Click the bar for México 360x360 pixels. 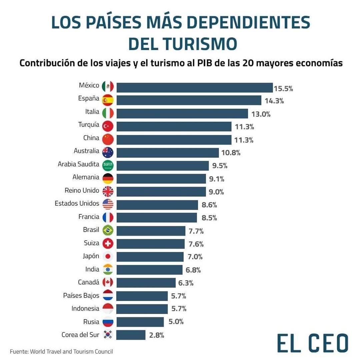pyautogui.click(x=195, y=88)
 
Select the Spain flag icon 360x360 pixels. pyautogui.click(x=108, y=100)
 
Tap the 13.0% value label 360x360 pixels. pyautogui.click(x=261, y=114)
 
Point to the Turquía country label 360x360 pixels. pyautogui.click(x=89, y=125)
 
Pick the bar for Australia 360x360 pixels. pyautogui.click(x=168, y=153)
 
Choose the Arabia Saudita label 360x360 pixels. pyautogui.click(x=78, y=164)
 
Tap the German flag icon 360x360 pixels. pyautogui.click(x=108, y=178)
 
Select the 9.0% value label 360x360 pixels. pyautogui.click(x=216, y=192)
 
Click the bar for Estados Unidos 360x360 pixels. pyautogui.click(x=157, y=205)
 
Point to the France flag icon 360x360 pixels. pyautogui.click(x=108, y=218)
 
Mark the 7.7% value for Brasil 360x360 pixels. pyautogui.click(x=196, y=231)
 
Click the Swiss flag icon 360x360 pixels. pyautogui.click(x=108, y=244)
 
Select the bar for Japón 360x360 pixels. pyautogui.click(x=150, y=257)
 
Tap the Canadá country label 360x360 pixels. pyautogui.click(x=89, y=282)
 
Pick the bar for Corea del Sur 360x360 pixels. pyautogui.click(x=131, y=335)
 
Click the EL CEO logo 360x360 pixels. pyautogui.click(x=312, y=343)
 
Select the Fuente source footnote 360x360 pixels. pyautogui.click(x=61, y=351)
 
